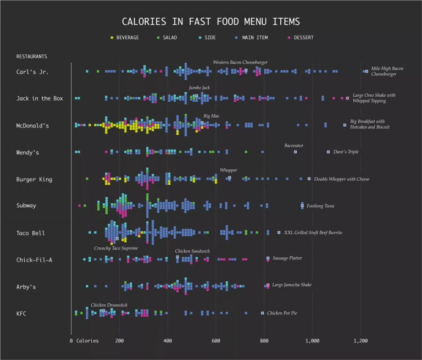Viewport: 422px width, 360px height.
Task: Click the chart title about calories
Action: [210, 22]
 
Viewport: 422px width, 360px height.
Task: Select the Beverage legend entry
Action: [125, 37]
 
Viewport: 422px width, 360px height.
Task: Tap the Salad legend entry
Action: [167, 37]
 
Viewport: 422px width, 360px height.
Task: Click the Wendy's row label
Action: [27, 152]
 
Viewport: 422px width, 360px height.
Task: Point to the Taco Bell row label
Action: [31, 233]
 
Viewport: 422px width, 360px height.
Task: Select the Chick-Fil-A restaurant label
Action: [35, 260]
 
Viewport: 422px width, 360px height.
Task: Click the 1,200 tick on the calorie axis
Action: [360, 341]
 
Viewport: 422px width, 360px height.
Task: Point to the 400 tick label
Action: [168, 341]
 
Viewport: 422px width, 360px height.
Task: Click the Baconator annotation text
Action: [294, 146]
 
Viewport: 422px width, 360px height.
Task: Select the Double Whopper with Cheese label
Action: [342, 179]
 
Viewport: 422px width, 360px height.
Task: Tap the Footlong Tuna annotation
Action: [320, 206]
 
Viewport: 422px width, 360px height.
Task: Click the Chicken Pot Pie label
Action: [282, 313]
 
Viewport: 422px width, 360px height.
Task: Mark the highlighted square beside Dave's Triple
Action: [329, 152]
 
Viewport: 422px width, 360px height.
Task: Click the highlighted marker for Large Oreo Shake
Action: [347, 98]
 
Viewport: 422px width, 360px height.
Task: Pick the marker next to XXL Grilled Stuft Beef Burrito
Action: [279, 232]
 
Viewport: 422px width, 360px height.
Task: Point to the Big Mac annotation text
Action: [211, 117]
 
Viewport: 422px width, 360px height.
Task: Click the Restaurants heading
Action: [32, 57]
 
